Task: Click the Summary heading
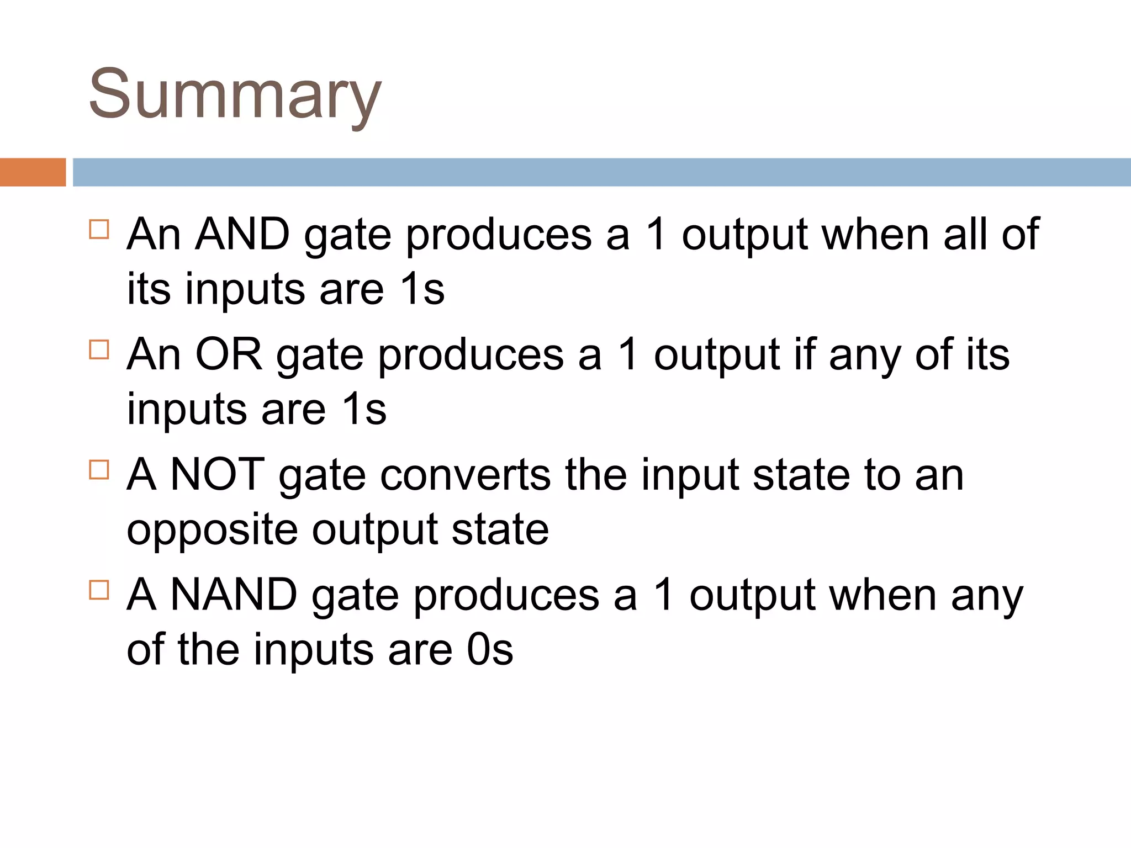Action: coord(235,95)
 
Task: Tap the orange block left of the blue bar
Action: coord(33,172)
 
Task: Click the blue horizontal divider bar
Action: coord(601,172)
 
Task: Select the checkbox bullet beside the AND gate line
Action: coord(99,229)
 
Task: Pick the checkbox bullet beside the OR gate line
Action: coord(99,349)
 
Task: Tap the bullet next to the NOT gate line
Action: coord(99,470)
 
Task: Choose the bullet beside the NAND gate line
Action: coord(99,590)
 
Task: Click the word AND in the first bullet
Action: coord(243,235)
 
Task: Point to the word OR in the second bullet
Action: coord(229,354)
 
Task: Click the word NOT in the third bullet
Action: coord(218,475)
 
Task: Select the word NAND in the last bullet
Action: coord(234,595)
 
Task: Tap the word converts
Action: coord(465,476)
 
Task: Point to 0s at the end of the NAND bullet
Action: coord(490,650)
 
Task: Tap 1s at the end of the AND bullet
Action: coord(422,289)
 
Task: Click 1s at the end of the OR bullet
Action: coord(364,410)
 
